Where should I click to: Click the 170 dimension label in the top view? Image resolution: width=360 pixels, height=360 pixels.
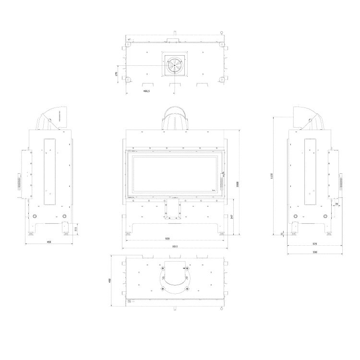[117, 74]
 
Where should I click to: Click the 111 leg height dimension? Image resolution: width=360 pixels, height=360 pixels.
[77, 228]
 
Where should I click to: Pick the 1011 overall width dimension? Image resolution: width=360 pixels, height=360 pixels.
[175, 246]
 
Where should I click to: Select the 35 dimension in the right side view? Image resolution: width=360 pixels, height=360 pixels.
[336, 204]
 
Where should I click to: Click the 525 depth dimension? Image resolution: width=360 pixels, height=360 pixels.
[314, 244]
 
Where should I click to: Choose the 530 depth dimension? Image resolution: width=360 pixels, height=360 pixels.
[314, 252]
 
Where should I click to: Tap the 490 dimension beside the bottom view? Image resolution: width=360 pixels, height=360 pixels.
[110, 281]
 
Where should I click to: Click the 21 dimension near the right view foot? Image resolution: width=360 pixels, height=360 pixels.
[281, 234]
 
